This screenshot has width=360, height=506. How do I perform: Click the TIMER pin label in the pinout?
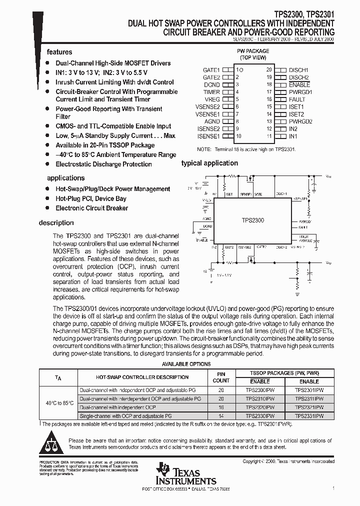pyautogui.click(x=211, y=92)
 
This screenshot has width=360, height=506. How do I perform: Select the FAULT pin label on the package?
pyautogui.click(x=297, y=99)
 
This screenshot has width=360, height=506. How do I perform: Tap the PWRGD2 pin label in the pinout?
pyautogui.click(x=300, y=121)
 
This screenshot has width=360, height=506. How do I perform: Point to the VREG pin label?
pyautogui.click(x=212, y=99)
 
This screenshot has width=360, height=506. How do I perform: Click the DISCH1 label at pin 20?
pyautogui.click(x=298, y=70)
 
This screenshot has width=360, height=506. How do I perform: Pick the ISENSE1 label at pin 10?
pyautogui.click(x=208, y=136)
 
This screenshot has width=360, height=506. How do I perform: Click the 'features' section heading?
pyautogui.click(x=59, y=52)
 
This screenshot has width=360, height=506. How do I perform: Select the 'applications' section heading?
pyautogui.click(x=65, y=178)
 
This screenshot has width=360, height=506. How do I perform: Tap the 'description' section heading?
pyautogui.click(x=56, y=223)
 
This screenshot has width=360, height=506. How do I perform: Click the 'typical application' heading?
pyautogui.click(x=209, y=163)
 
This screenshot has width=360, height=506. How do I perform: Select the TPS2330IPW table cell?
pyautogui.click(x=260, y=415)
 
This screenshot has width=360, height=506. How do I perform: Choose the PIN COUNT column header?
pyautogui.click(x=221, y=377)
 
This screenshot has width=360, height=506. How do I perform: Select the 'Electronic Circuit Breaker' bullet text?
pyautogui.click(x=92, y=208)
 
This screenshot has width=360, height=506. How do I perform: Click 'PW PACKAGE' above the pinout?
pyautogui.click(x=252, y=51)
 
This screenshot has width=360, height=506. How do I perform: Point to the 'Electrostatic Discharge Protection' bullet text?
pyautogui.click(x=103, y=164)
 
